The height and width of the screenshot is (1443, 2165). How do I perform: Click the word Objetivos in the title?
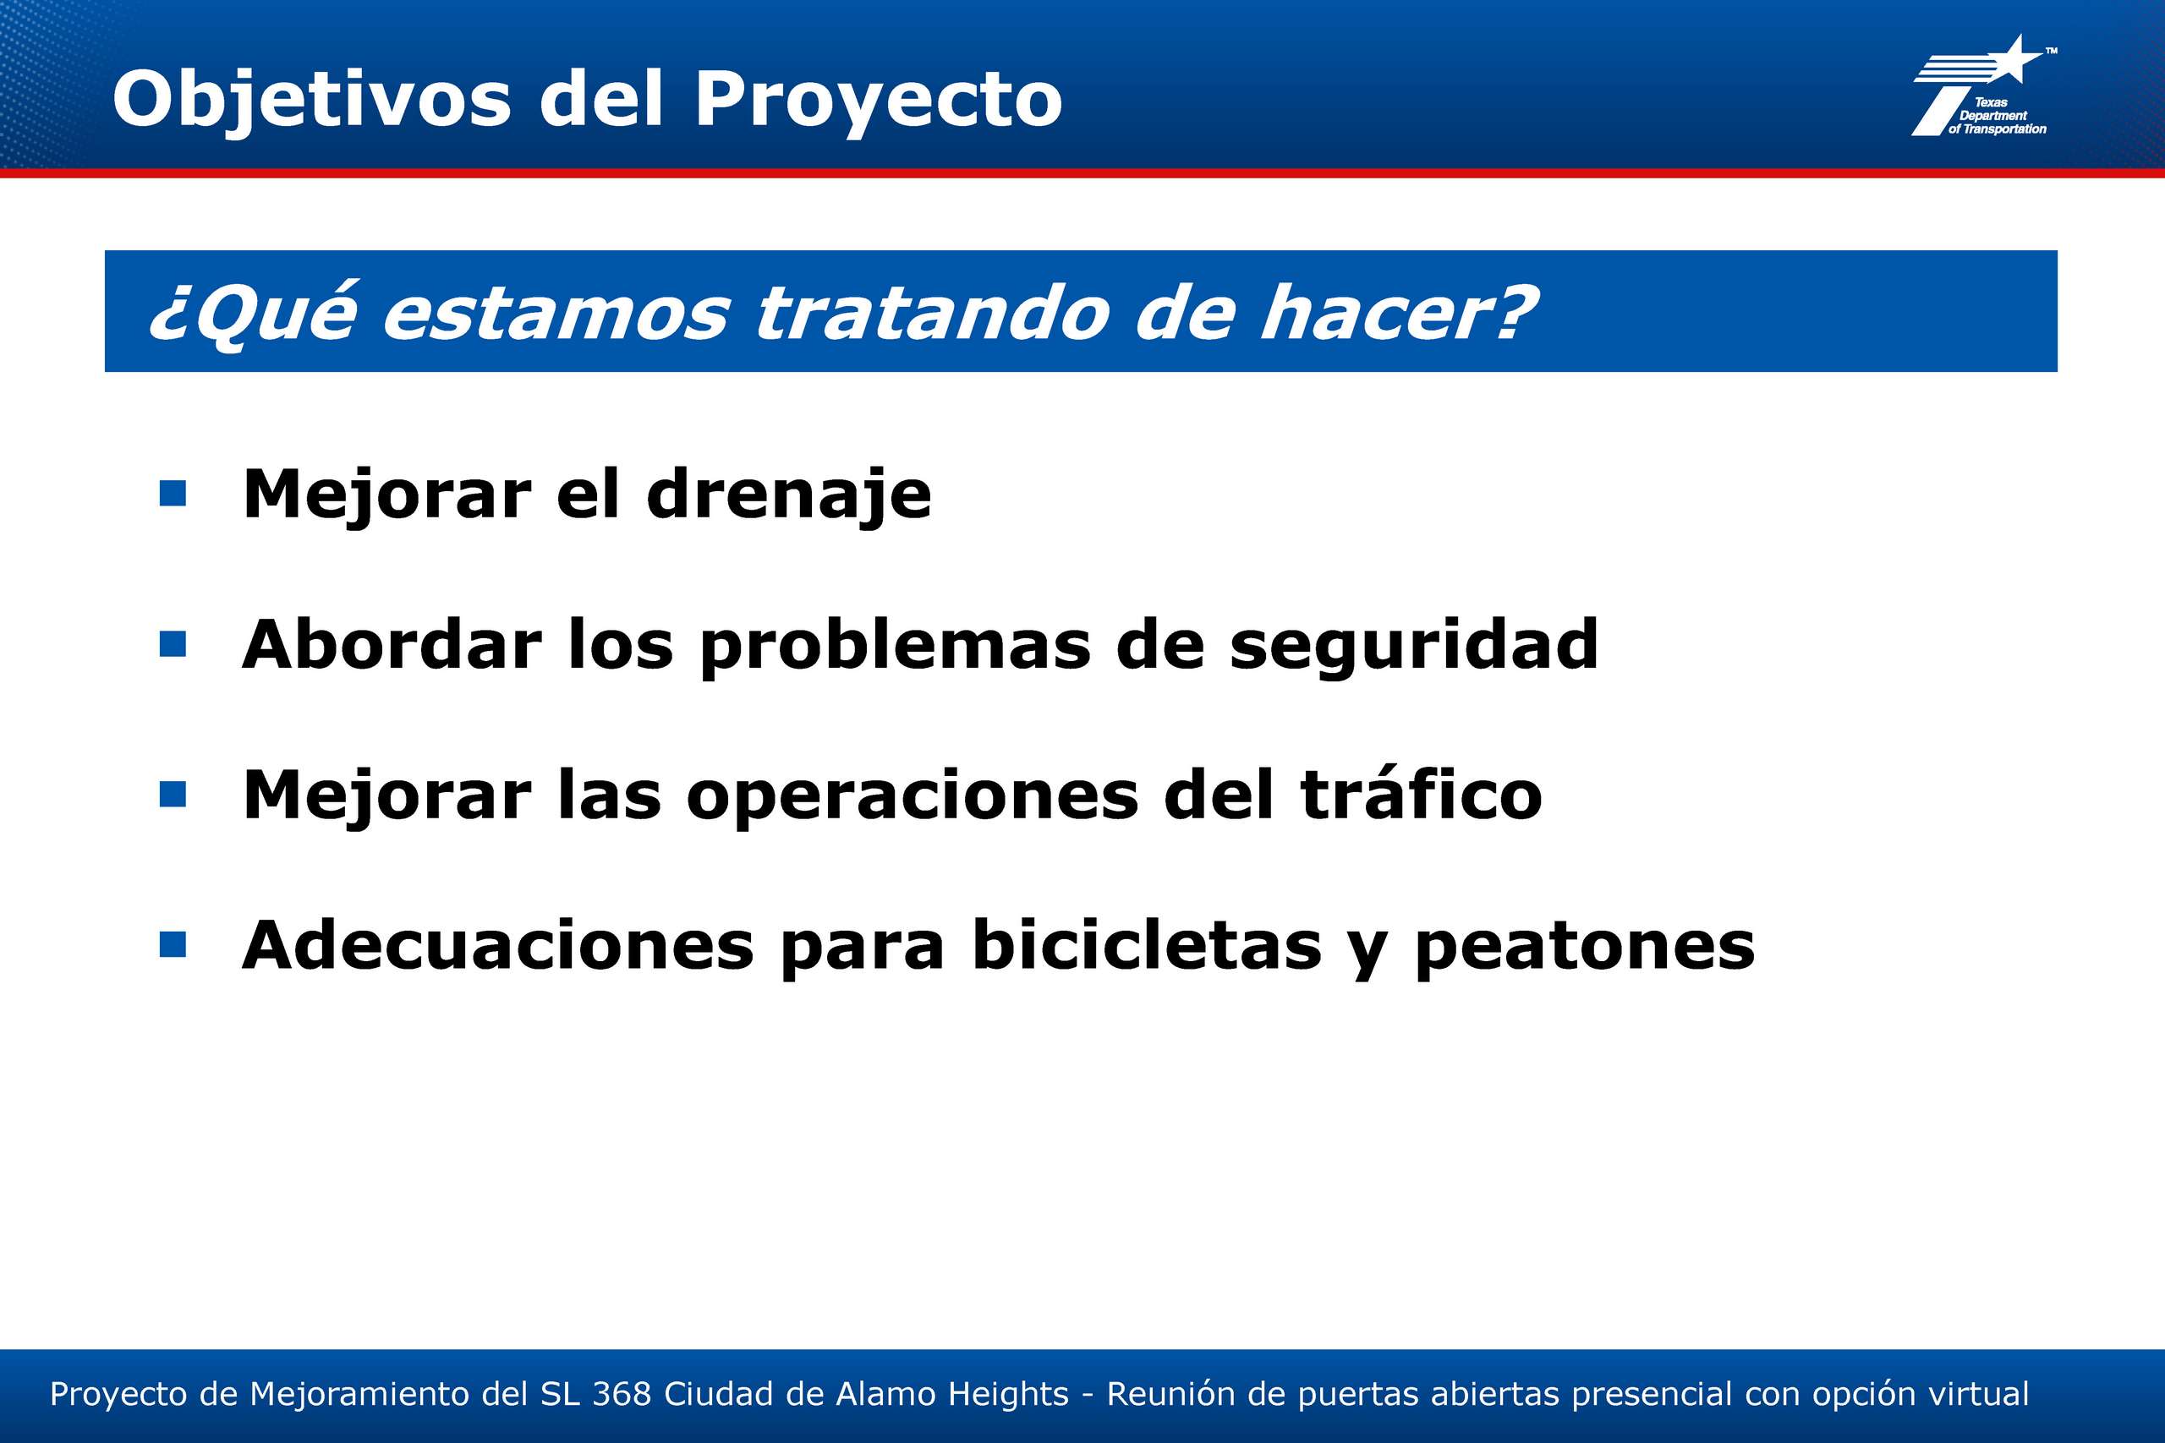(311, 100)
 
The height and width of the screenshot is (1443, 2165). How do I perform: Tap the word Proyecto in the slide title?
(878, 100)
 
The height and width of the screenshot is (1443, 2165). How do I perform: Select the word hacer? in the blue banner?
(1397, 313)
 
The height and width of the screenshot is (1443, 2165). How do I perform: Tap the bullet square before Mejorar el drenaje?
(173, 494)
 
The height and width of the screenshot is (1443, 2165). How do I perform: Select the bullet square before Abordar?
(173, 643)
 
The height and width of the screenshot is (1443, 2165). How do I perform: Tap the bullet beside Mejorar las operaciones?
(173, 795)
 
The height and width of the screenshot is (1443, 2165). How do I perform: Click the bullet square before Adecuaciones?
(173, 944)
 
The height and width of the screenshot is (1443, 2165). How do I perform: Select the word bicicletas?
(1147, 944)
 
